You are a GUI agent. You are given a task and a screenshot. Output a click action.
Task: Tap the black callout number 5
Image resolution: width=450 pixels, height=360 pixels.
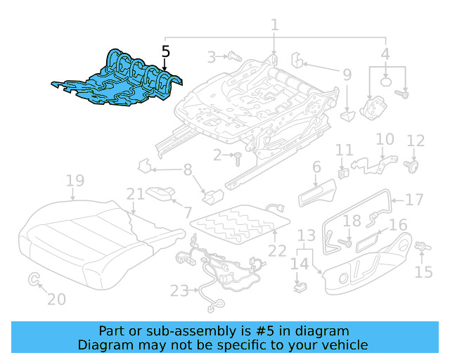pos(165,51)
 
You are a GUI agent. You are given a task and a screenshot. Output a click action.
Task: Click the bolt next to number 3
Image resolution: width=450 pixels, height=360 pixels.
pos(233,56)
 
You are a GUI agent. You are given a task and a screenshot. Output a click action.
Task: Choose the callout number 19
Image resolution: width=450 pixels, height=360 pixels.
pos(75,181)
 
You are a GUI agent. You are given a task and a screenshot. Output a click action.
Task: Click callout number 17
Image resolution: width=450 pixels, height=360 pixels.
pos(415,199)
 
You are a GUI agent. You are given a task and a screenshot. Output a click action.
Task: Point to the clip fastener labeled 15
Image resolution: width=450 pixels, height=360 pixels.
pos(423,247)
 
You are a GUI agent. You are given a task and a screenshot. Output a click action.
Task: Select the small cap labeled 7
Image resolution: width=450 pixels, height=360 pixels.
pos(162,192)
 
